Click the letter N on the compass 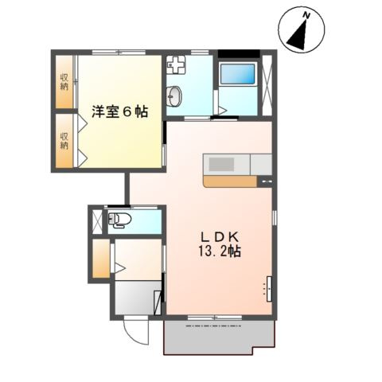click(306, 16)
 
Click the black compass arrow click(298, 36)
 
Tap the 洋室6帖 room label click(119, 111)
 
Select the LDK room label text click(220, 236)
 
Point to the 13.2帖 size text click(220, 251)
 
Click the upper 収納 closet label click(64, 82)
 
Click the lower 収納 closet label click(64, 141)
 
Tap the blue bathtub click(237, 73)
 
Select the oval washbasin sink click(175, 95)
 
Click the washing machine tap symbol click(176, 65)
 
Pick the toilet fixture click(119, 220)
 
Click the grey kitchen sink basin click(221, 164)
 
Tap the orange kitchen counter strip click(230, 181)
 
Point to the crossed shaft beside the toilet click(97, 222)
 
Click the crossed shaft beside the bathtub click(267, 85)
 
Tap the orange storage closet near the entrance click(101, 259)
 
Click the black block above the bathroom click(239, 53)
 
